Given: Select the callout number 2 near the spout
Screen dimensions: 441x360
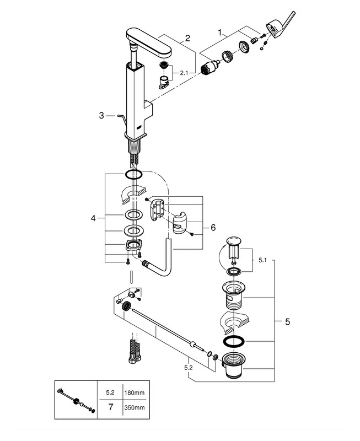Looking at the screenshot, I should pos(187,38).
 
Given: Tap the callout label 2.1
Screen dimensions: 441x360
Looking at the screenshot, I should pos(184,73).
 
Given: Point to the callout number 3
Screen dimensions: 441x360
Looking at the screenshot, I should pos(101,116).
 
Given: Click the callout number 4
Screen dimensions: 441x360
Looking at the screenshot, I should pos(93,218).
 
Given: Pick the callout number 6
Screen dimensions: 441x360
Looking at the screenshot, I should pos(213,227).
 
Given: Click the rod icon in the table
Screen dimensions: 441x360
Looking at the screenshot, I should pos(74,400).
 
